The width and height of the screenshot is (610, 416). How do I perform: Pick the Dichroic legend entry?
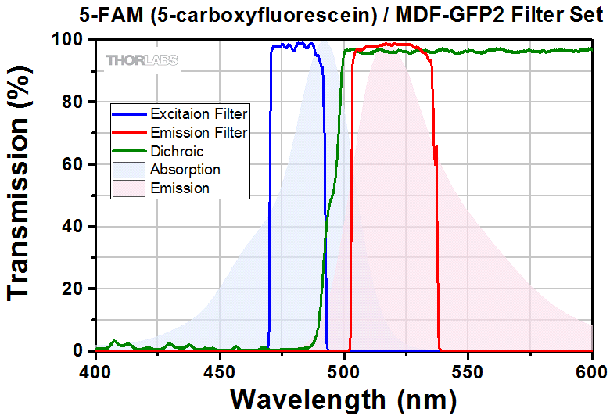pos(176,151)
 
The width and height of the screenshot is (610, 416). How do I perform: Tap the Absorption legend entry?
pos(185,170)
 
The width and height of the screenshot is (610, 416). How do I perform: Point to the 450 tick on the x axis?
pos(219,367)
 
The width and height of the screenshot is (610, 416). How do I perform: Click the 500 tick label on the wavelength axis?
pos(343,367)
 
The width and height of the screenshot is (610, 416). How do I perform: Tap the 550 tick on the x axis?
pos(468,367)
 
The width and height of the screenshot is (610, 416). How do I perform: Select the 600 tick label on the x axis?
pos(590,367)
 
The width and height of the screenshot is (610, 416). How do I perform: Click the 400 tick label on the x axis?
pos(95,367)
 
